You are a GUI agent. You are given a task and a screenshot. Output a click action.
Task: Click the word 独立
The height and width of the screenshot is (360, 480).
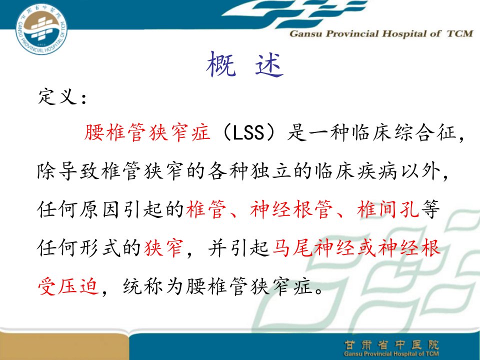[x=271, y=171]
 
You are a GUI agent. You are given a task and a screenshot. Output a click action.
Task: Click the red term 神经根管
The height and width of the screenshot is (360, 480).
[x=291, y=209]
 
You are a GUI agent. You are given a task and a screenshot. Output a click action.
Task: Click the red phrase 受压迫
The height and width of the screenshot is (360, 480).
[x=68, y=286]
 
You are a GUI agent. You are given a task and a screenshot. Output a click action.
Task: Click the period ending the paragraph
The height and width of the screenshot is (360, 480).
[x=319, y=290]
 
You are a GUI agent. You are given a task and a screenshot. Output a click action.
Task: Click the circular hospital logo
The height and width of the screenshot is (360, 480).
[x=41, y=28]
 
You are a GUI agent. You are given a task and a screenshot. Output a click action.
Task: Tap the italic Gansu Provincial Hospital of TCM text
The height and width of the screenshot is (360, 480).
[x=381, y=33]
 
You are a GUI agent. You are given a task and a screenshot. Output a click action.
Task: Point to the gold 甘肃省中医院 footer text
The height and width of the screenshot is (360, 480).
[x=391, y=345]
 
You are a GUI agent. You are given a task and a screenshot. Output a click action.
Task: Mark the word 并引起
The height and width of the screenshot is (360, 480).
[x=239, y=248]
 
